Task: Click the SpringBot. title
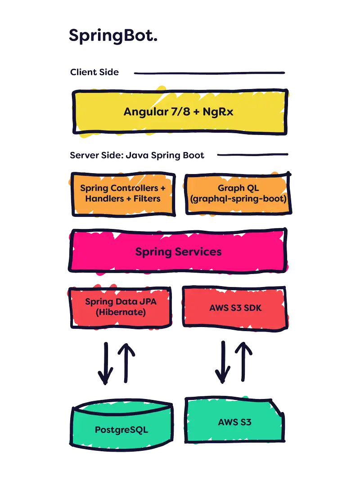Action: click(113, 36)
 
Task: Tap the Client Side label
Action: click(94, 72)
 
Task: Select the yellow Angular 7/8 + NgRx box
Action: click(179, 112)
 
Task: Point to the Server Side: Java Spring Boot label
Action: click(137, 155)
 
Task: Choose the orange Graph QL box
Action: click(238, 193)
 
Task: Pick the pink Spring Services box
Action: click(178, 251)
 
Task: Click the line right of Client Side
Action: click(209, 72)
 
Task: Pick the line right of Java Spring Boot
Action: click(252, 155)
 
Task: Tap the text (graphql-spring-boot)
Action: click(238, 198)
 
